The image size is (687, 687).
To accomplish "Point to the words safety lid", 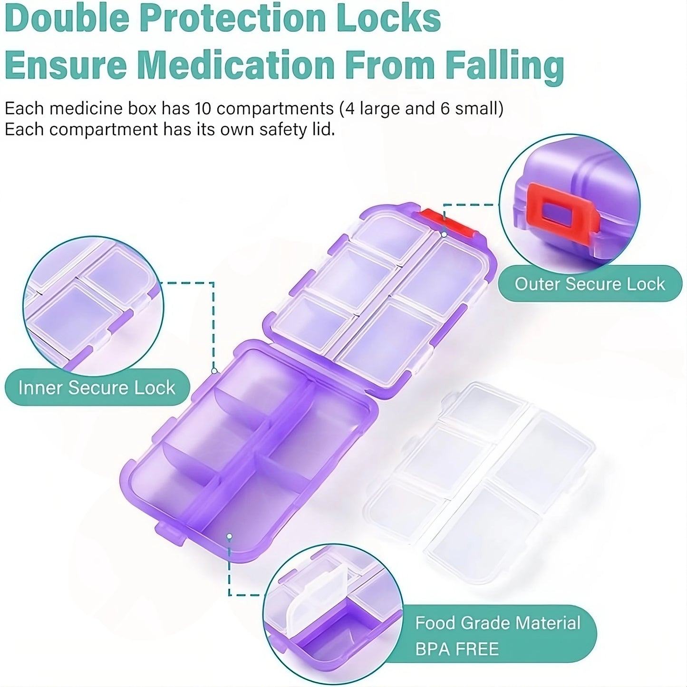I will [x=297, y=129].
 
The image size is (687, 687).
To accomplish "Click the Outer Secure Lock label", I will [x=590, y=284].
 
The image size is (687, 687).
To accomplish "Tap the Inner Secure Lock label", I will [x=97, y=387].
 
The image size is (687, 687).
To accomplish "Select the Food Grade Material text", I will [x=498, y=623].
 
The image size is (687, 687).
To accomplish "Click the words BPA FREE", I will [x=457, y=648].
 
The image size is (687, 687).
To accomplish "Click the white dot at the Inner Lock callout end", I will [x=214, y=371].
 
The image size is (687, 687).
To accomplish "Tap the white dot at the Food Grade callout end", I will [x=230, y=537].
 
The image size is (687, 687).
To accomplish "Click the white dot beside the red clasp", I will [x=444, y=234].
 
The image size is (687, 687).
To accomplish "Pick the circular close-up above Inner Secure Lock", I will [x=93, y=304].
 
